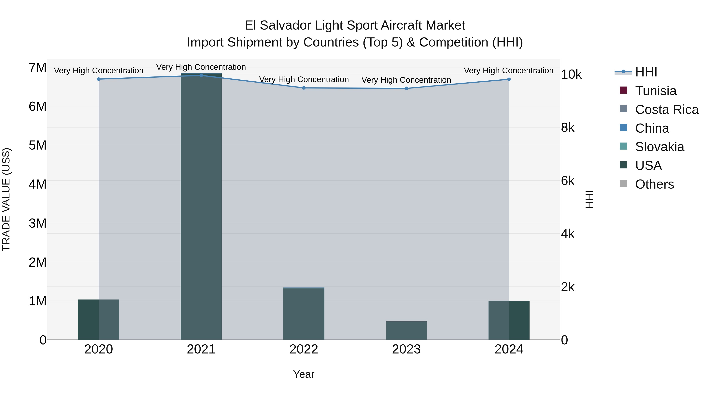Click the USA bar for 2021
(201, 206)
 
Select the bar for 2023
(406, 330)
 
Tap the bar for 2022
(304, 314)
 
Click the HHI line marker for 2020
(99, 79)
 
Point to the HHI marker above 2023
(406, 88)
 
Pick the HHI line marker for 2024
(509, 79)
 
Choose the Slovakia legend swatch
(623, 146)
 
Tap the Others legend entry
(654, 184)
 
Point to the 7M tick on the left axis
(37, 67)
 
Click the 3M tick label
(37, 223)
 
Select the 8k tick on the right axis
(568, 128)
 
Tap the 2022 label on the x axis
(304, 349)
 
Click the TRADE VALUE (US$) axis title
(6, 199)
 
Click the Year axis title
(304, 374)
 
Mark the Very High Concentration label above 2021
(201, 67)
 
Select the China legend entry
(652, 128)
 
